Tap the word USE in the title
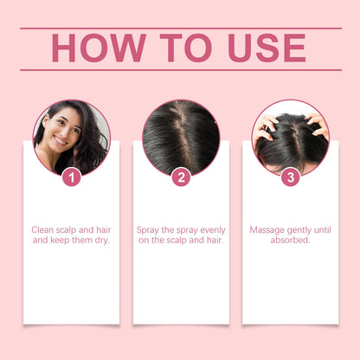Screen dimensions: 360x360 click(265, 48)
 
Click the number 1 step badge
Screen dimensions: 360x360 click(72, 177)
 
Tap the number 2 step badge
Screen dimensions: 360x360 click(181, 177)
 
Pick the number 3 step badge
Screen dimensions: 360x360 click(290, 177)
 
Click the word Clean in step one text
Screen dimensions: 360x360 click(45, 230)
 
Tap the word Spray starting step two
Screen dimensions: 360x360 click(151, 230)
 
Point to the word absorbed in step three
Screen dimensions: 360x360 click(290, 241)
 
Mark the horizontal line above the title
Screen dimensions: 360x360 click(180, 28)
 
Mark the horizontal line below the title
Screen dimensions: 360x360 click(180, 70)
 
